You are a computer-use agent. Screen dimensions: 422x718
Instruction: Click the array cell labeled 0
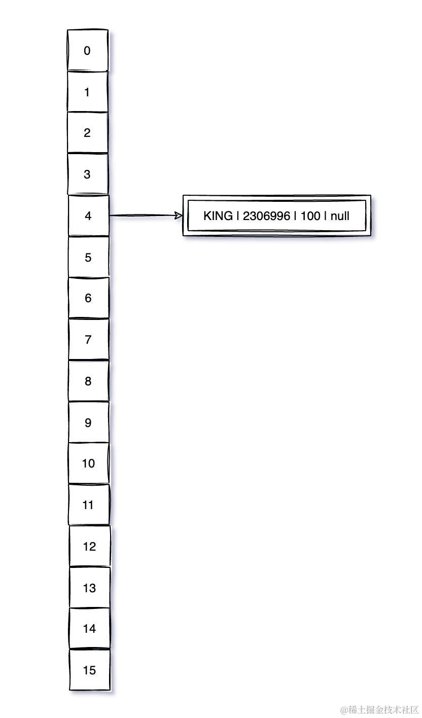(x=88, y=51)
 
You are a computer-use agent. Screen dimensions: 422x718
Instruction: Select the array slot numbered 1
(x=88, y=92)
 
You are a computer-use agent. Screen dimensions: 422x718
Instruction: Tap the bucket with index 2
(x=88, y=133)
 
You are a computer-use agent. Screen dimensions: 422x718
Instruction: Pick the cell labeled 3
(x=88, y=174)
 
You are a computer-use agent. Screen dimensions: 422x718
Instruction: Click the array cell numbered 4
(x=88, y=216)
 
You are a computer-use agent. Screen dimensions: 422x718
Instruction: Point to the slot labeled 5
(x=88, y=257)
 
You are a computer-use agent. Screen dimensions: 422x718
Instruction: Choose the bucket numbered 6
(x=88, y=298)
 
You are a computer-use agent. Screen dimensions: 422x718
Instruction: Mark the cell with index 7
(x=88, y=340)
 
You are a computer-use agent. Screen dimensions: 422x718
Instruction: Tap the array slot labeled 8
(x=88, y=381)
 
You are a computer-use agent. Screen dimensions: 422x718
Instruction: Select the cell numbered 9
(x=88, y=422)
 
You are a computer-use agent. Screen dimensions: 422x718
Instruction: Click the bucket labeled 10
(x=89, y=463)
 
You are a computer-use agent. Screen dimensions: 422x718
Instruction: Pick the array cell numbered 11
(x=89, y=505)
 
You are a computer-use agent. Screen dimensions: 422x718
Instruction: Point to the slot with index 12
(x=89, y=547)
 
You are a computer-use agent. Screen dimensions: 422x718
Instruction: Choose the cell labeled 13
(x=89, y=588)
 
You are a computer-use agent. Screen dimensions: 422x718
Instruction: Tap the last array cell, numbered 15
(x=89, y=670)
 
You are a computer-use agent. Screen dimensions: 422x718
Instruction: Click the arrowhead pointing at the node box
(x=178, y=216)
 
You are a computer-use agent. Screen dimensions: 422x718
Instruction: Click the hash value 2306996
(x=266, y=216)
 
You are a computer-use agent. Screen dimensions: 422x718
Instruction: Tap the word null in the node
(x=340, y=216)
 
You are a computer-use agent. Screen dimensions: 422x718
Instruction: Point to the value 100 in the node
(x=310, y=216)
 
